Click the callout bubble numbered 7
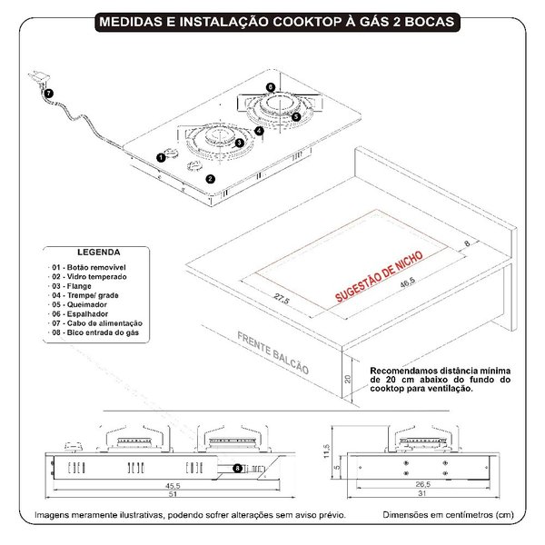pyautogui.click(x=49, y=94)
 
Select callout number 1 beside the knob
pyautogui.click(x=161, y=157)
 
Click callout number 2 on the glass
pyautogui.click(x=211, y=179)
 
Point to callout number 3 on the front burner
pyautogui.click(x=239, y=143)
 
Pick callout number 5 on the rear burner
pyautogui.click(x=296, y=117)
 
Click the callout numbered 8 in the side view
pyautogui.click(x=237, y=468)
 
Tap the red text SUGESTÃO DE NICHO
pyautogui.click(x=379, y=276)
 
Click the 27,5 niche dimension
pyautogui.click(x=282, y=299)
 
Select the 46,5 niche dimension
pyautogui.click(x=407, y=282)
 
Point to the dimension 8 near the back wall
pyautogui.click(x=467, y=243)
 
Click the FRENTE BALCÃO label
pyautogui.click(x=272, y=352)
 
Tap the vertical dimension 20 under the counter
pyautogui.click(x=348, y=379)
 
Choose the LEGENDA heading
pyautogui.click(x=99, y=253)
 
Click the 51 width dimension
pyautogui.click(x=173, y=494)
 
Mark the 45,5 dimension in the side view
pyautogui.click(x=173, y=486)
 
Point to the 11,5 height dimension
pyautogui.click(x=326, y=451)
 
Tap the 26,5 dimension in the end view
pyautogui.click(x=423, y=484)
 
